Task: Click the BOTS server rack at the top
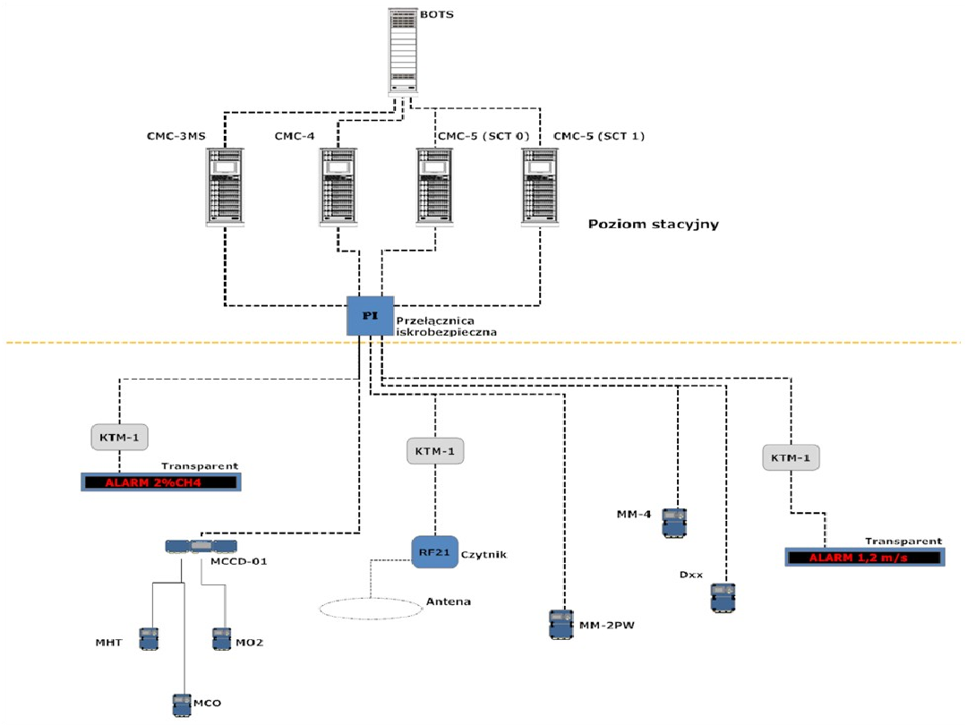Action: click(403, 51)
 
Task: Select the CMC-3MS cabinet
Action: click(224, 186)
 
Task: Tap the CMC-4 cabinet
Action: click(337, 186)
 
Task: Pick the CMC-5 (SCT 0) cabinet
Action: click(434, 186)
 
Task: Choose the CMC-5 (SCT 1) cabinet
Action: click(540, 186)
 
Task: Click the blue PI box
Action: click(370, 316)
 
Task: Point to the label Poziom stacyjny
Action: click(654, 224)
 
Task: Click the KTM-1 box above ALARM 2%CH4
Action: click(119, 437)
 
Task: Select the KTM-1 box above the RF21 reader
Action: click(436, 451)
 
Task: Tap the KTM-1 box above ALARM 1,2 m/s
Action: click(791, 457)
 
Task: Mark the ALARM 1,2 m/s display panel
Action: click(863, 558)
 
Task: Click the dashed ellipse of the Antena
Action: click(371, 608)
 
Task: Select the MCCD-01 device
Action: click(201, 546)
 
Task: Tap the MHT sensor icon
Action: click(148, 638)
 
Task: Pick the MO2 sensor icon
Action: click(221, 638)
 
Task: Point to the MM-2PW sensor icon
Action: click(561, 623)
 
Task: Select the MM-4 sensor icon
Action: click(673, 522)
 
